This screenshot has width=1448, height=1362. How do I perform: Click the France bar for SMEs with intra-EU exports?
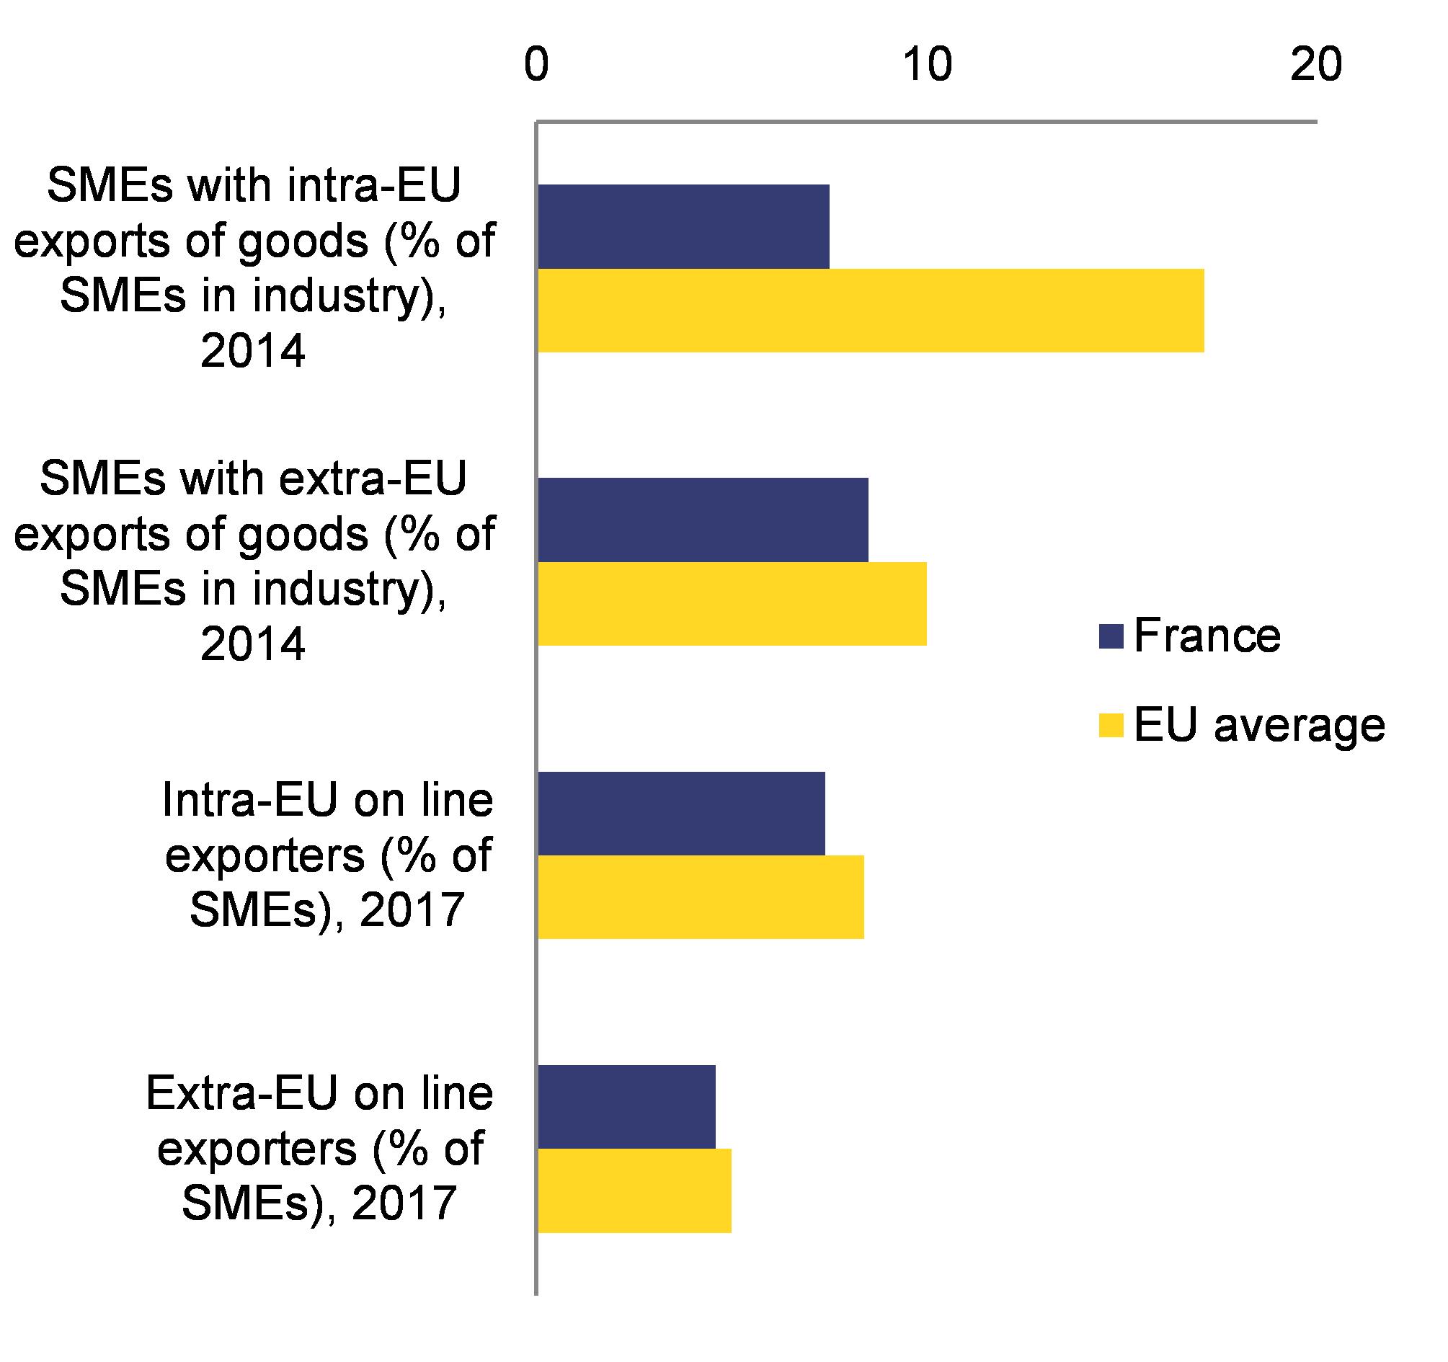(683, 226)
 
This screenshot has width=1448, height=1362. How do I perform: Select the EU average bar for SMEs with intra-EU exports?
(871, 311)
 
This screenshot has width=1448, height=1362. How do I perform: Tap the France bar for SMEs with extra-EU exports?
(703, 520)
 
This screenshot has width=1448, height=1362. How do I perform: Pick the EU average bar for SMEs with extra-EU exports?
(732, 604)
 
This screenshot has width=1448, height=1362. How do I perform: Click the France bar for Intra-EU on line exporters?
(681, 814)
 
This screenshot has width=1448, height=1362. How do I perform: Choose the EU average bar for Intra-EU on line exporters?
(701, 897)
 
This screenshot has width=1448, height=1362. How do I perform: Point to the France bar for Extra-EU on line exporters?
(626, 1107)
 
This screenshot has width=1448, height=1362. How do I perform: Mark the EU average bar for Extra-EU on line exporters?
(634, 1190)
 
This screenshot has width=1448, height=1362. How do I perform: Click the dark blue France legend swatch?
(1111, 636)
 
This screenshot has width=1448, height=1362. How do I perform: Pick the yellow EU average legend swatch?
(1111, 726)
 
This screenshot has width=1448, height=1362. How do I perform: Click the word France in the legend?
(1207, 636)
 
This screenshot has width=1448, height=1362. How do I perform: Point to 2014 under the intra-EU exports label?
(253, 351)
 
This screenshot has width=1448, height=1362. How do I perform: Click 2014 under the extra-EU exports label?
(253, 644)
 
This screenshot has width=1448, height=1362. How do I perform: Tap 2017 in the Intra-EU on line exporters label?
(412, 910)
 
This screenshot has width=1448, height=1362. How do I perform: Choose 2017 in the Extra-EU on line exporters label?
(404, 1203)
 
